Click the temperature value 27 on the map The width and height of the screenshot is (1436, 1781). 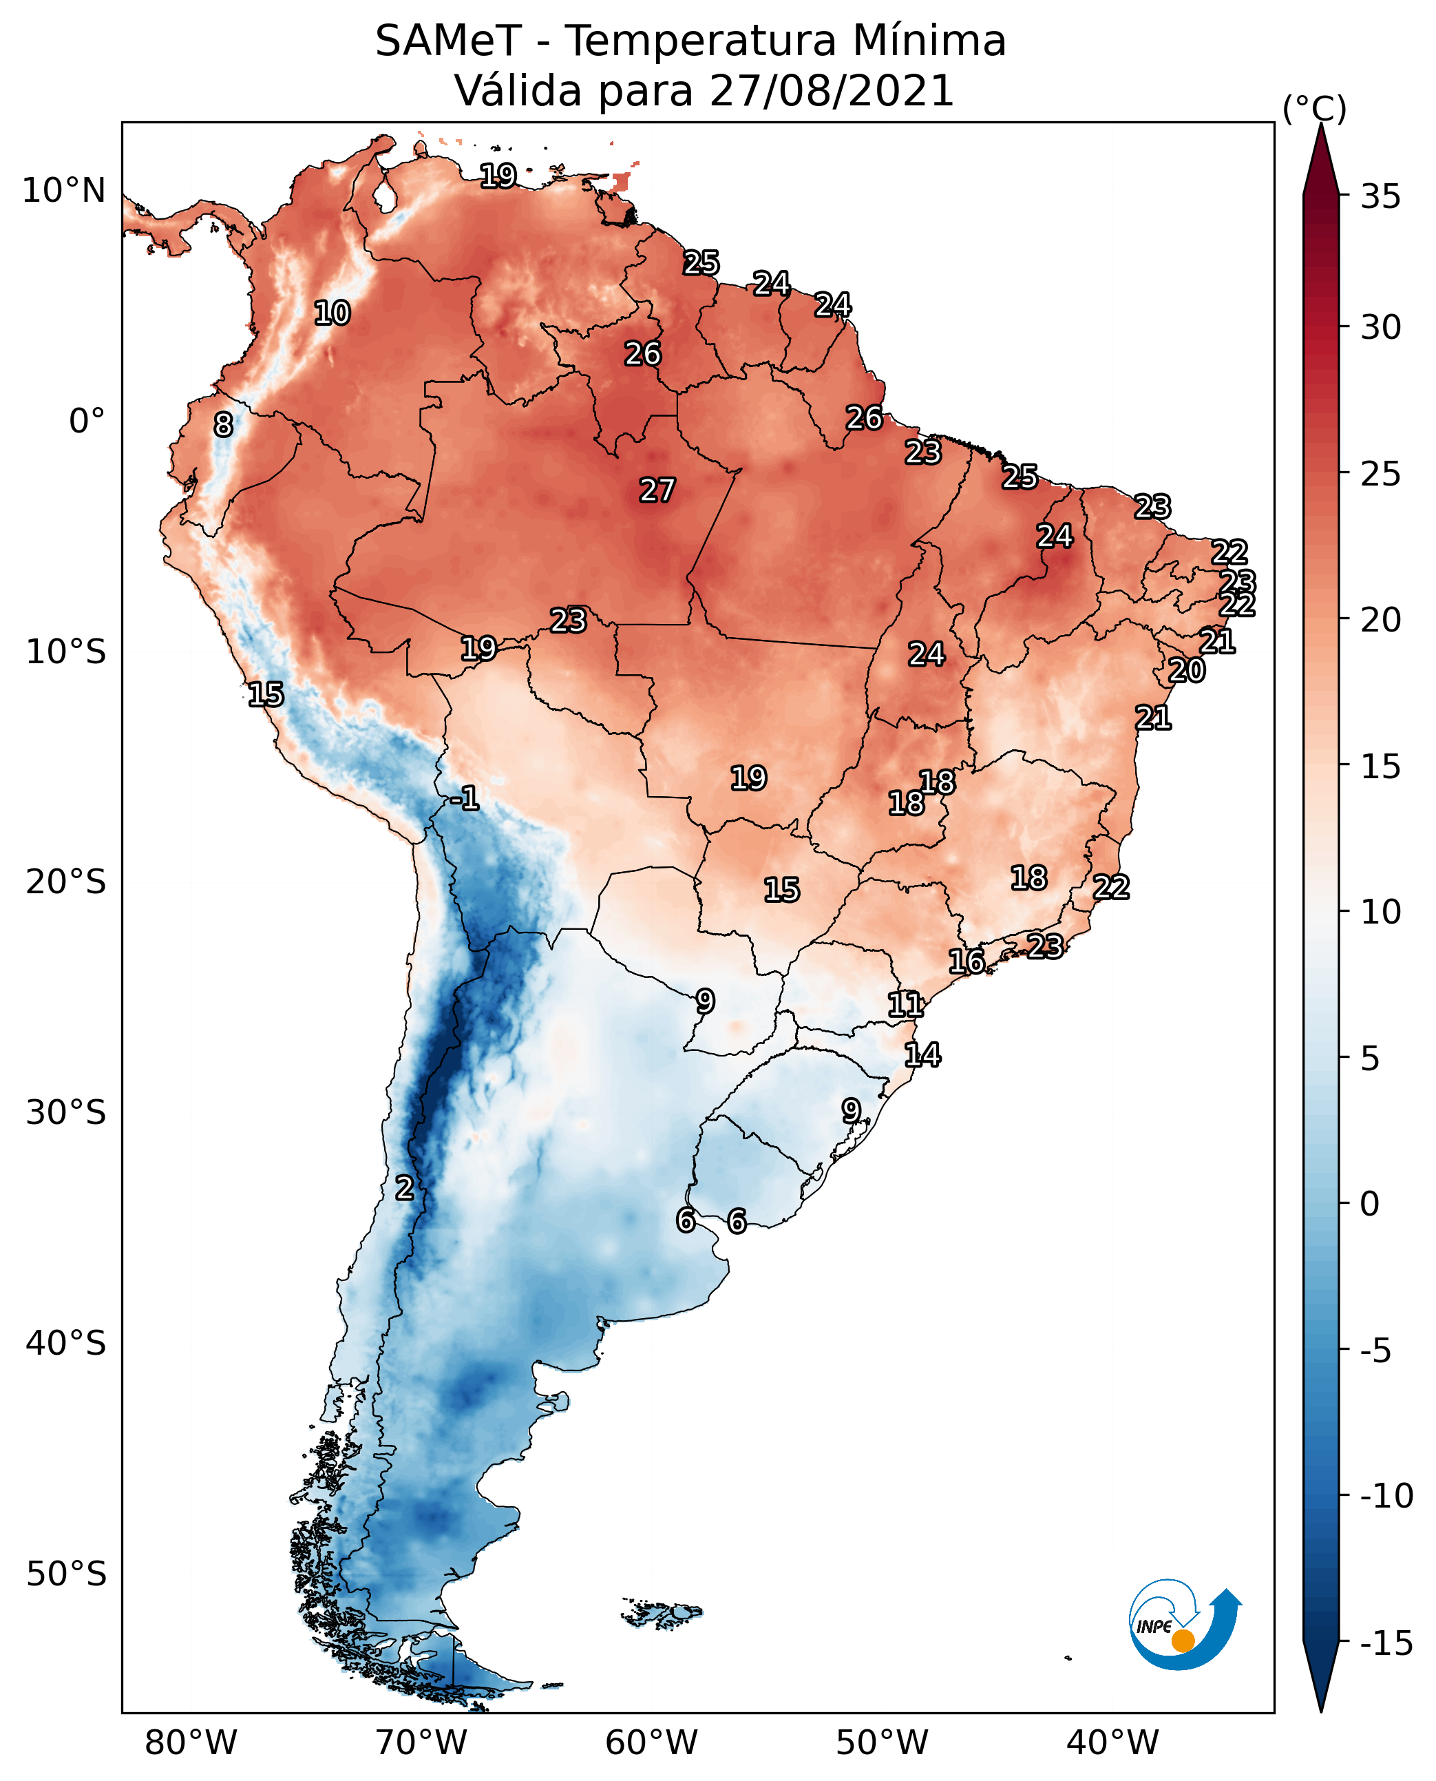[657, 490]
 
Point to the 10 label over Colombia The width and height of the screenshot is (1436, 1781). [332, 313]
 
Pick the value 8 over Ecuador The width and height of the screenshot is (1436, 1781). [223, 424]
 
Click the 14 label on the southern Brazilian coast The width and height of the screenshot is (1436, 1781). [922, 1054]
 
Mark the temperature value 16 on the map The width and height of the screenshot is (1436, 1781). [966, 961]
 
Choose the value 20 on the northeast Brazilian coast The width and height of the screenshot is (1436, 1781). [1187, 670]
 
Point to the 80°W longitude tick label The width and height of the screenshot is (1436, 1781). [191, 1742]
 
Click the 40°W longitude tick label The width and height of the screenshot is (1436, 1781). [1112, 1742]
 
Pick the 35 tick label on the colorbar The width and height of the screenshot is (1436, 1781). [1380, 196]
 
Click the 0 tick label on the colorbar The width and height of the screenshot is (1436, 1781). [1370, 1203]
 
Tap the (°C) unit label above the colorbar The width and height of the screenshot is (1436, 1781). [1314, 108]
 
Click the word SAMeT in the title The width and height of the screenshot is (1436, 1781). [447, 41]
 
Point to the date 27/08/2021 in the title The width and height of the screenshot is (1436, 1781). [832, 90]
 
